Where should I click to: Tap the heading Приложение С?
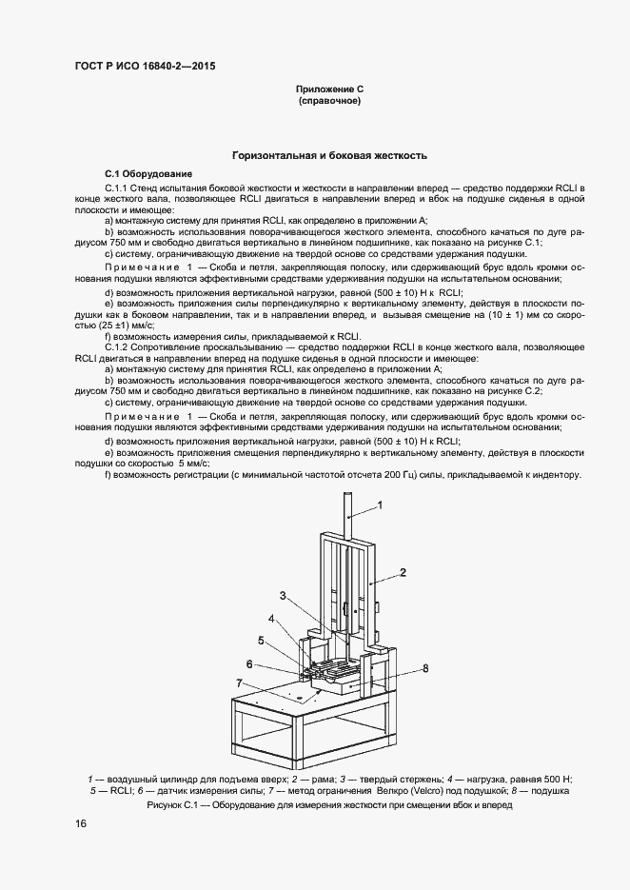[330, 89]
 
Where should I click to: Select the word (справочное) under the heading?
[330, 100]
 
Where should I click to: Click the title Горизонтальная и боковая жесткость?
[330, 155]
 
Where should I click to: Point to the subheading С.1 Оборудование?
[148, 173]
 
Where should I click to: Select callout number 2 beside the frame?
[403, 572]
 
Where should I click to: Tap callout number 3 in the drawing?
[283, 595]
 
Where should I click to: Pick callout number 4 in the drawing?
[271, 619]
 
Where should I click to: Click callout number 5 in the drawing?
[260, 640]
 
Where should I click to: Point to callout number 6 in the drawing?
[250, 663]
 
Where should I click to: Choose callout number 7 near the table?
[240, 682]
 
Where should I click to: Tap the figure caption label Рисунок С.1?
[176, 805]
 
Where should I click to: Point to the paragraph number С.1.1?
[120, 189]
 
